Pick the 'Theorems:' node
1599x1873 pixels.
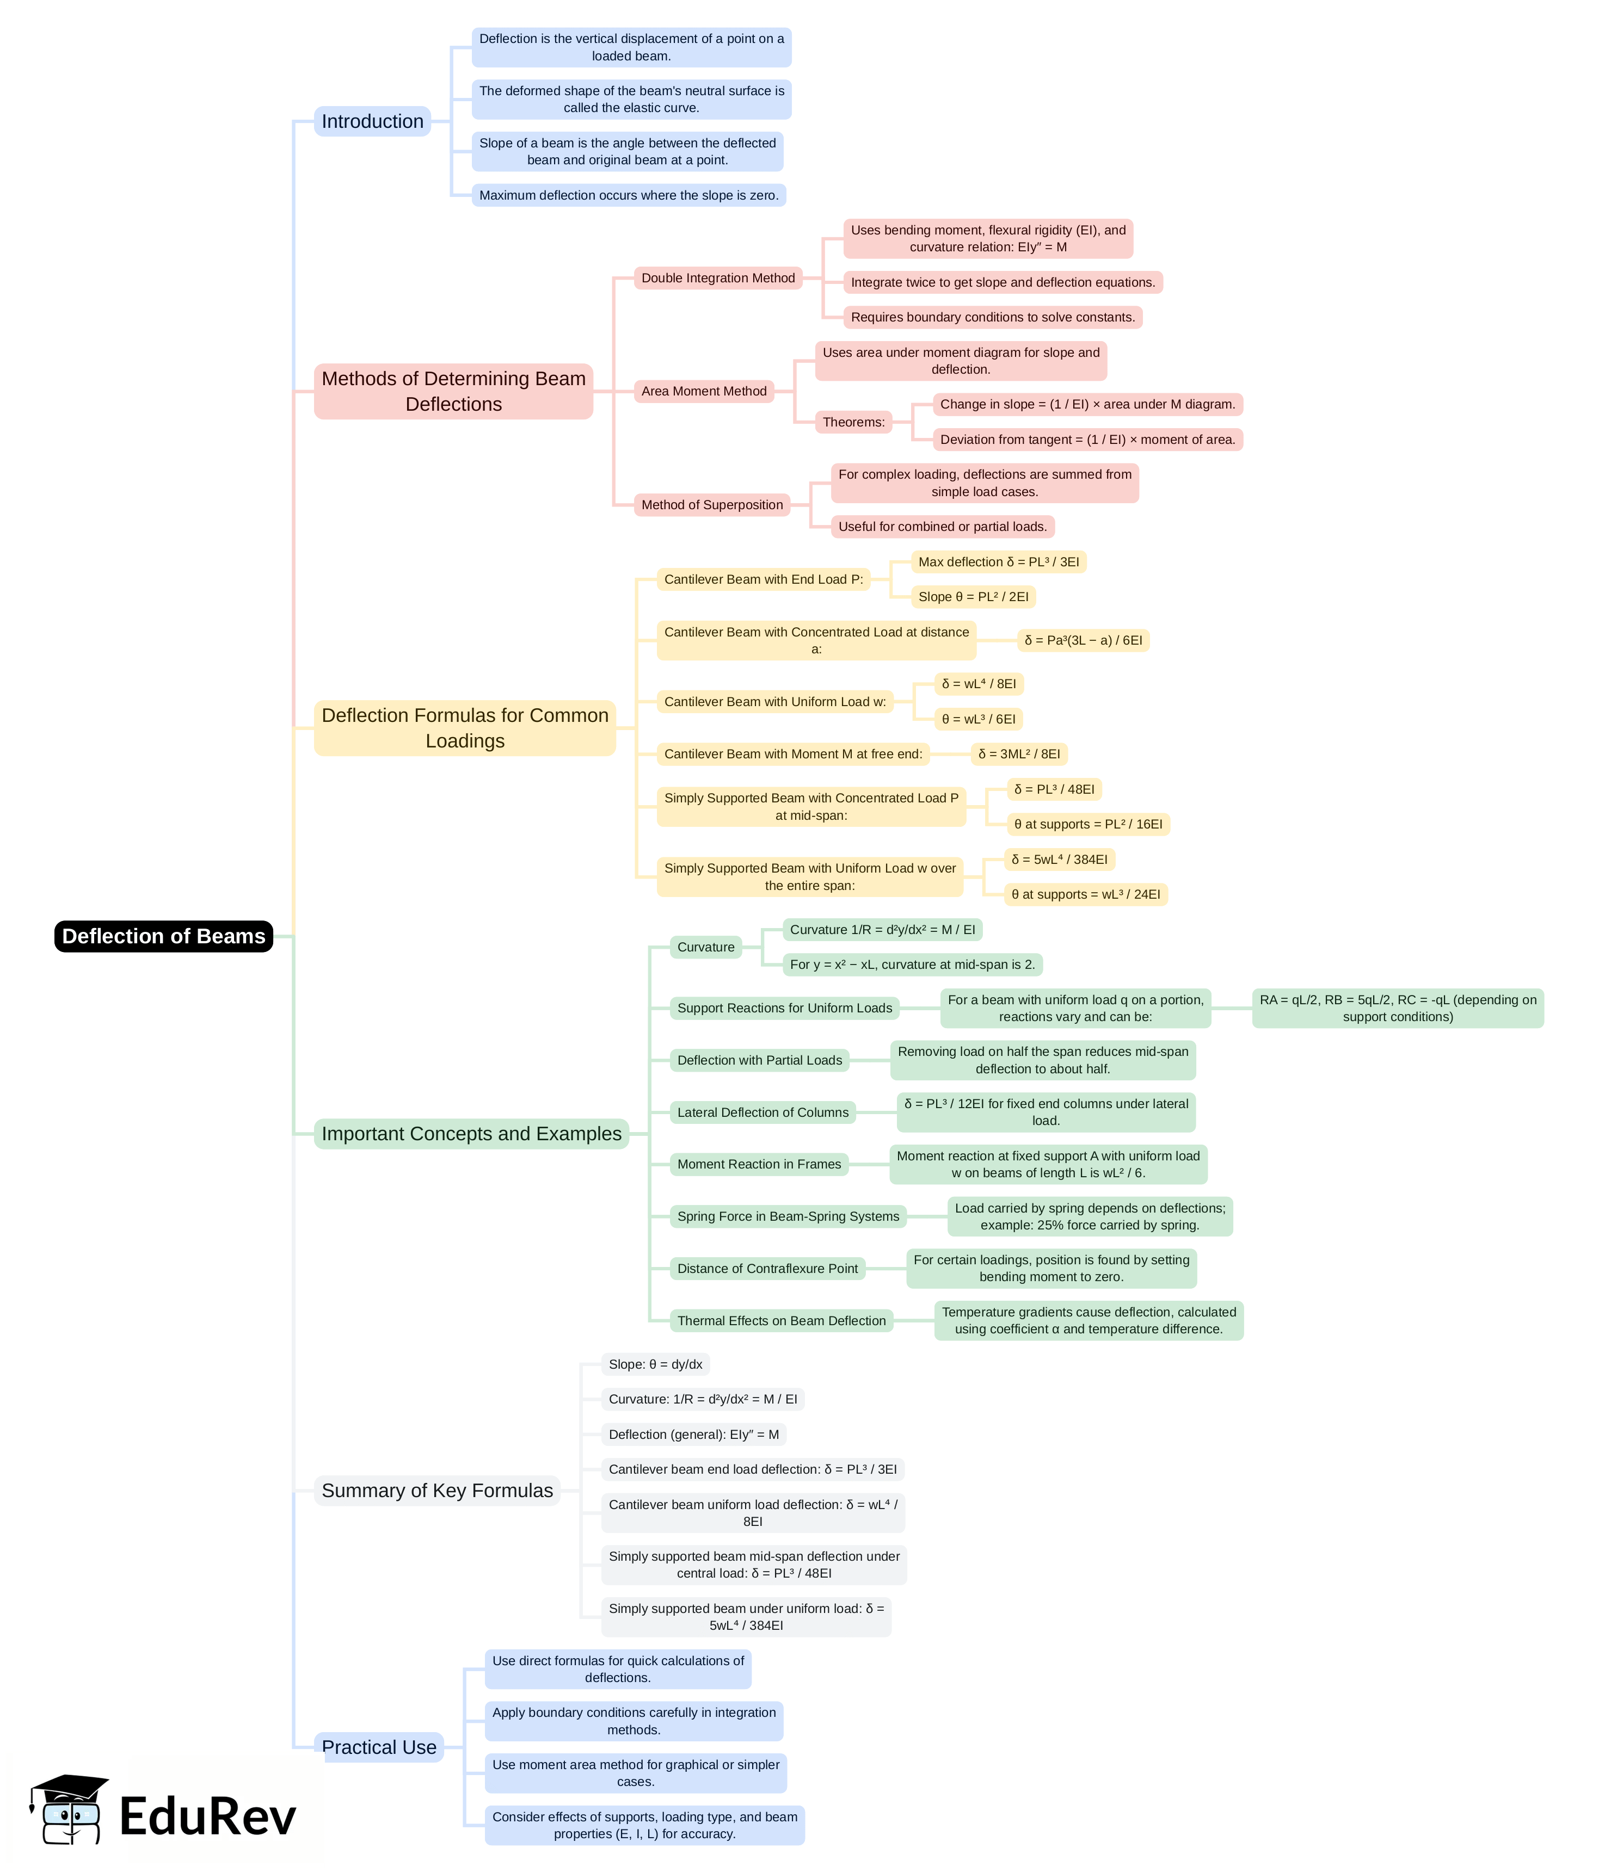[x=853, y=422]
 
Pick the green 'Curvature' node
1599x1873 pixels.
[x=705, y=947]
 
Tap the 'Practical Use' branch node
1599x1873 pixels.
[x=379, y=1747]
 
